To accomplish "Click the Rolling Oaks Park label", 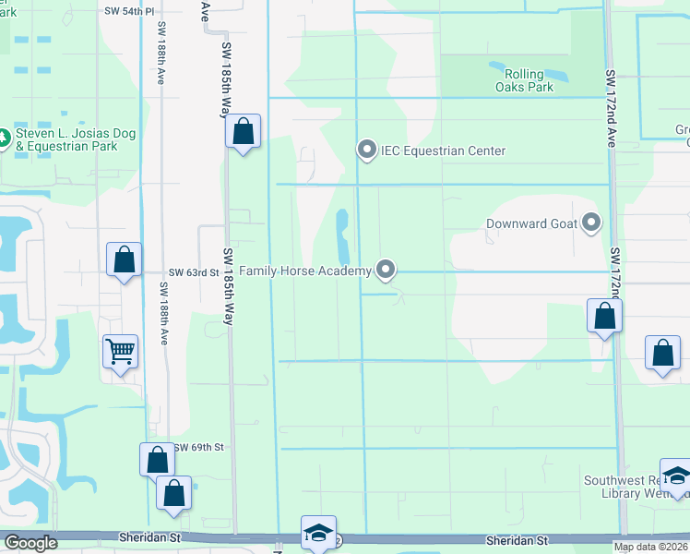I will (x=522, y=80).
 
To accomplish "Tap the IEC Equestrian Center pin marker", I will (x=368, y=150).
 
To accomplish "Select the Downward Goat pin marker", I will (x=591, y=223).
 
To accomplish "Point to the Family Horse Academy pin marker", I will (x=387, y=270).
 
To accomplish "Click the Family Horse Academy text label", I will (x=305, y=271).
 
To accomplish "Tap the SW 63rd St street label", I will (x=194, y=273).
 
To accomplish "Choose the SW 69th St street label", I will (x=199, y=447).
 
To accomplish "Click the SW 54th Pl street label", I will (x=129, y=10).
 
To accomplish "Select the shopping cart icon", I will (x=121, y=351).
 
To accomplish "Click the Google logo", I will (x=30, y=543).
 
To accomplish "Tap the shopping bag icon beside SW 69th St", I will (x=157, y=459).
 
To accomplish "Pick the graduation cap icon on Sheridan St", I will (x=318, y=532).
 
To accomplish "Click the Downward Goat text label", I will (x=530, y=223).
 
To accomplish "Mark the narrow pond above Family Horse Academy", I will (x=342, y=235).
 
